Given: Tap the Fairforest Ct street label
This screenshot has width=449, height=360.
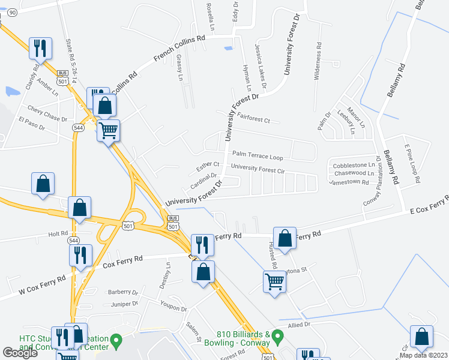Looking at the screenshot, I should coord(254,118).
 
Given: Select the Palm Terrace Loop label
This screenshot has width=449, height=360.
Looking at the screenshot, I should coord(258,156).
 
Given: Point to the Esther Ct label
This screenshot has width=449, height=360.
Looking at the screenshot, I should coord(208,165).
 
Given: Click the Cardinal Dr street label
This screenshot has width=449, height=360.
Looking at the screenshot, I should coord(203,179).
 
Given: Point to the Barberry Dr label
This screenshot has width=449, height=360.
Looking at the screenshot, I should coord(123,292).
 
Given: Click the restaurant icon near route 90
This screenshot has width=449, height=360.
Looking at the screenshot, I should coord(40,48).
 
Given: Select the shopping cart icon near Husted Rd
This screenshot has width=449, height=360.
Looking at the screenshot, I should coord(274,280).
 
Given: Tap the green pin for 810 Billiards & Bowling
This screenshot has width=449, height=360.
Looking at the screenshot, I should coord(277,335).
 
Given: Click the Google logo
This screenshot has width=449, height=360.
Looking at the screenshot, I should coord(20,353).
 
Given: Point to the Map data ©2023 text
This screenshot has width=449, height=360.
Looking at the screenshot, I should coord(423,355).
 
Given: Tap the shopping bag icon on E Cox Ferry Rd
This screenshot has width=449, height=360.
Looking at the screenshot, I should coord(285,237).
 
